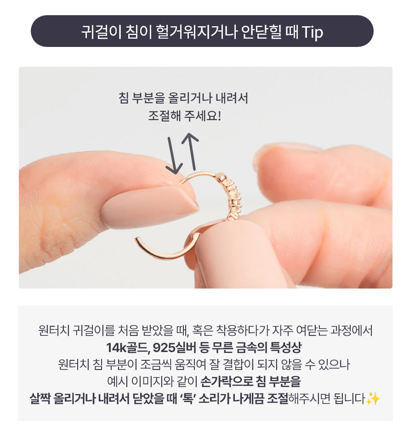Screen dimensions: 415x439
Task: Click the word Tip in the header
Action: point(313,32)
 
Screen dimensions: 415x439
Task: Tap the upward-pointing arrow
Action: point(191,151)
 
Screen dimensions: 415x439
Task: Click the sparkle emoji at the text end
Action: point(373,399)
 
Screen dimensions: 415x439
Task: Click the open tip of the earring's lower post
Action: point(137,239)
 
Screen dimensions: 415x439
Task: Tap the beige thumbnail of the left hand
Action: point(150,206)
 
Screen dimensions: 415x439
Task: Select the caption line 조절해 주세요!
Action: point(185,116)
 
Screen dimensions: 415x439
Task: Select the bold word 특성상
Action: point(285,348)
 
